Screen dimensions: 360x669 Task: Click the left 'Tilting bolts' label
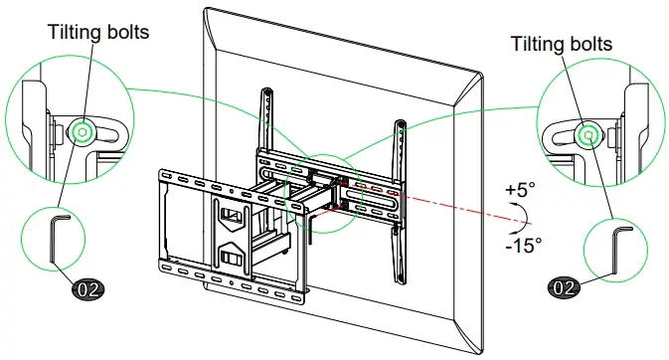click(99, 32)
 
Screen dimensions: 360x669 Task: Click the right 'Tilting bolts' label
click(562, 44)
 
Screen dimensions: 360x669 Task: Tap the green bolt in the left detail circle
click(81, 131)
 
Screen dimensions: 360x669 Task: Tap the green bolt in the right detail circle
click(589, 133)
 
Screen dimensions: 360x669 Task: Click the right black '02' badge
click(563, 288)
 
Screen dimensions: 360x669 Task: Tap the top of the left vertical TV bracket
click(266, 95)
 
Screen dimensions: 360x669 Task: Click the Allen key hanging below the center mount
click(310, 228)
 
